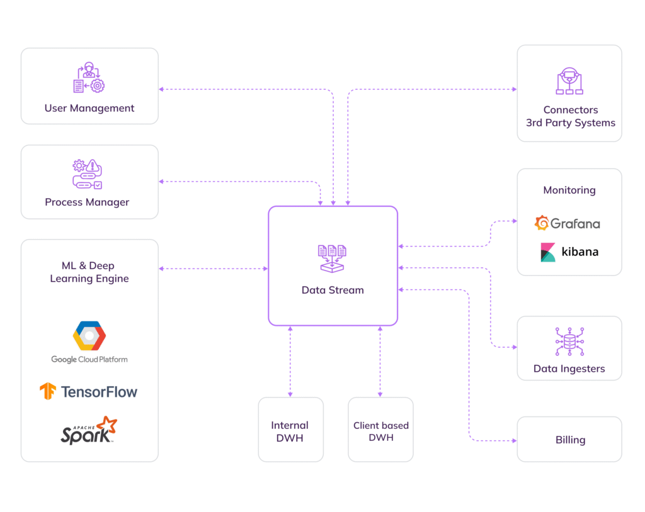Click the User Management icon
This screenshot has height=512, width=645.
[x=89, y=78]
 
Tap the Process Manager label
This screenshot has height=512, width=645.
[x=87, y=202]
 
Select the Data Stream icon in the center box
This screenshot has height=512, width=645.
[x=333, y=258]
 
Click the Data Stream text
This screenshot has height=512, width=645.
[x=333, y=290]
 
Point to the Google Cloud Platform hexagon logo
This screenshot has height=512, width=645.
[x=89, y=336]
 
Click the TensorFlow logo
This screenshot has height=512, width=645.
[x=89, y=392]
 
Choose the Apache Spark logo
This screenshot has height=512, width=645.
[x=89, y=431]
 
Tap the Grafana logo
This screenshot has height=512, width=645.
[x=567, y=223]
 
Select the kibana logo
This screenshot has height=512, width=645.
[x=569, y=252]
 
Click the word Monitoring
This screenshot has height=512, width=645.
[x=569, y=190]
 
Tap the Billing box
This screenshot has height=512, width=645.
[x=569, y=440]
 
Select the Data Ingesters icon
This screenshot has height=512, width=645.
[x=569, y=342]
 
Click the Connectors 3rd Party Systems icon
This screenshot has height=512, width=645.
[x=569, y=81]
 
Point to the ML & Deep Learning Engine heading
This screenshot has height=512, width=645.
[x=89, y=272]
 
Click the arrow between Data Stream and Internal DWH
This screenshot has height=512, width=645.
[x=290, y=361]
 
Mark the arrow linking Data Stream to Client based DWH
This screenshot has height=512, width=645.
[x=380, y=361]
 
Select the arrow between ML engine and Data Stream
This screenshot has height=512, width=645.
[x=213, y=269]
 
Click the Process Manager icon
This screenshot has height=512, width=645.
[x=88, y=174]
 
